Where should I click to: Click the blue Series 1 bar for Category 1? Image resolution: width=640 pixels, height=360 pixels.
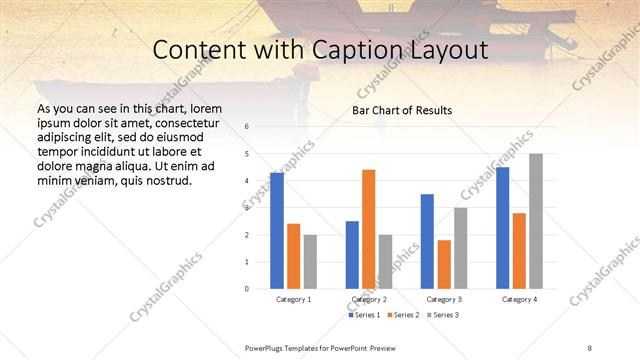277,231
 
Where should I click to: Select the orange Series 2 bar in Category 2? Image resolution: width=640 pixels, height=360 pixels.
368,229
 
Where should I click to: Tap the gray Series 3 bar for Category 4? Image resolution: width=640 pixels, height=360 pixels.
535,221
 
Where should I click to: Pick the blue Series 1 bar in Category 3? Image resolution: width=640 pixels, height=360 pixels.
427,241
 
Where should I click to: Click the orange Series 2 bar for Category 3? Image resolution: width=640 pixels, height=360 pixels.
444,264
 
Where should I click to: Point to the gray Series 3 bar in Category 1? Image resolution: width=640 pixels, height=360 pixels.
310,261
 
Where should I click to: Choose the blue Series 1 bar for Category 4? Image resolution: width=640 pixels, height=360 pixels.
502,228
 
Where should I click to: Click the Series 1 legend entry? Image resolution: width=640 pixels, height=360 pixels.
361,315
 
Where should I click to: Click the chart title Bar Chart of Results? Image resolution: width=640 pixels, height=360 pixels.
402,110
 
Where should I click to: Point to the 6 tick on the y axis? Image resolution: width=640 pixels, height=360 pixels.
247,127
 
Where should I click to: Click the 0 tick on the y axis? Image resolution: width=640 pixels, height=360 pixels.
247,289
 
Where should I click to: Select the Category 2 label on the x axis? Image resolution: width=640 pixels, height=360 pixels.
369,299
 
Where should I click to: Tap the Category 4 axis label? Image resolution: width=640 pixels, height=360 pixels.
519,299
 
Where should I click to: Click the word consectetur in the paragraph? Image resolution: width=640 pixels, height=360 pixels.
188,120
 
